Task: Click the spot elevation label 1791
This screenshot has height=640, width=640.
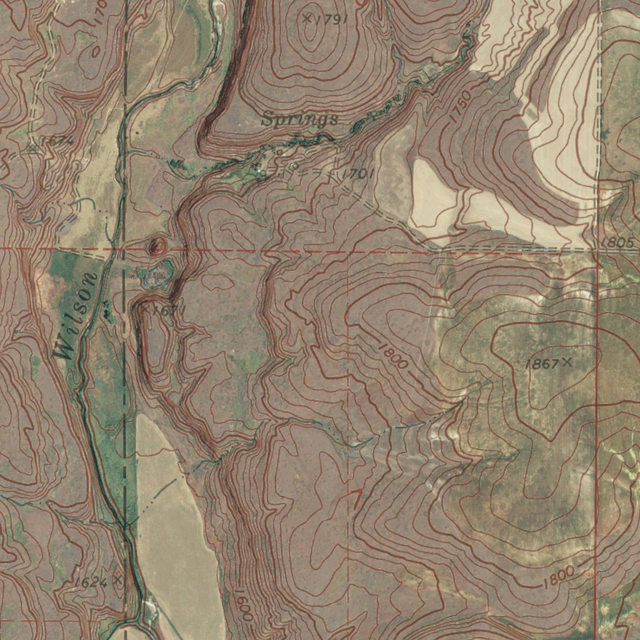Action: (332, 19)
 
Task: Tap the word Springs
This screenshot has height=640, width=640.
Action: (300, 119)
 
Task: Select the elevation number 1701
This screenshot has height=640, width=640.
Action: (358, 174)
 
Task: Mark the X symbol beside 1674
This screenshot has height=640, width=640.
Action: (32, 148)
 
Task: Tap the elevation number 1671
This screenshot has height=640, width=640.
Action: (168, 309)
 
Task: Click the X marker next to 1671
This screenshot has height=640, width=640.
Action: (145, 309)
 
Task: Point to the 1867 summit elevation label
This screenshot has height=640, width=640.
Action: (541, 364)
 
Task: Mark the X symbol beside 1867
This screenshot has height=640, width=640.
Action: (567, 361)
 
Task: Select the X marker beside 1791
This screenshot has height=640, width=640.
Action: (306, 17)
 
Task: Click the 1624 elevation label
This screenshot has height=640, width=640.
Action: (90, 582)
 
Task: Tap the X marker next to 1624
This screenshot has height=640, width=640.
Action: (116, 579)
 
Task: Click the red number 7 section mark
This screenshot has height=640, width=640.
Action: (356, 499)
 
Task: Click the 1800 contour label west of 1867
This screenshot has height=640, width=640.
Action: (393, 355)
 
